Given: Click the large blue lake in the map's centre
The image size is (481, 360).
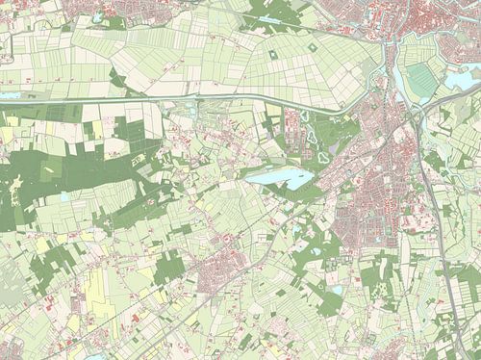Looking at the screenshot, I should (x=279, y=178).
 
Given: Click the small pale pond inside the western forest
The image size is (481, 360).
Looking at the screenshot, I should (x=64, y=196).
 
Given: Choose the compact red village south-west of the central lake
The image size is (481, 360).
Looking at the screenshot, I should (x=226, y=274).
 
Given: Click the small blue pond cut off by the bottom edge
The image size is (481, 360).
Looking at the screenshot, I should (x=96, y=356).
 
